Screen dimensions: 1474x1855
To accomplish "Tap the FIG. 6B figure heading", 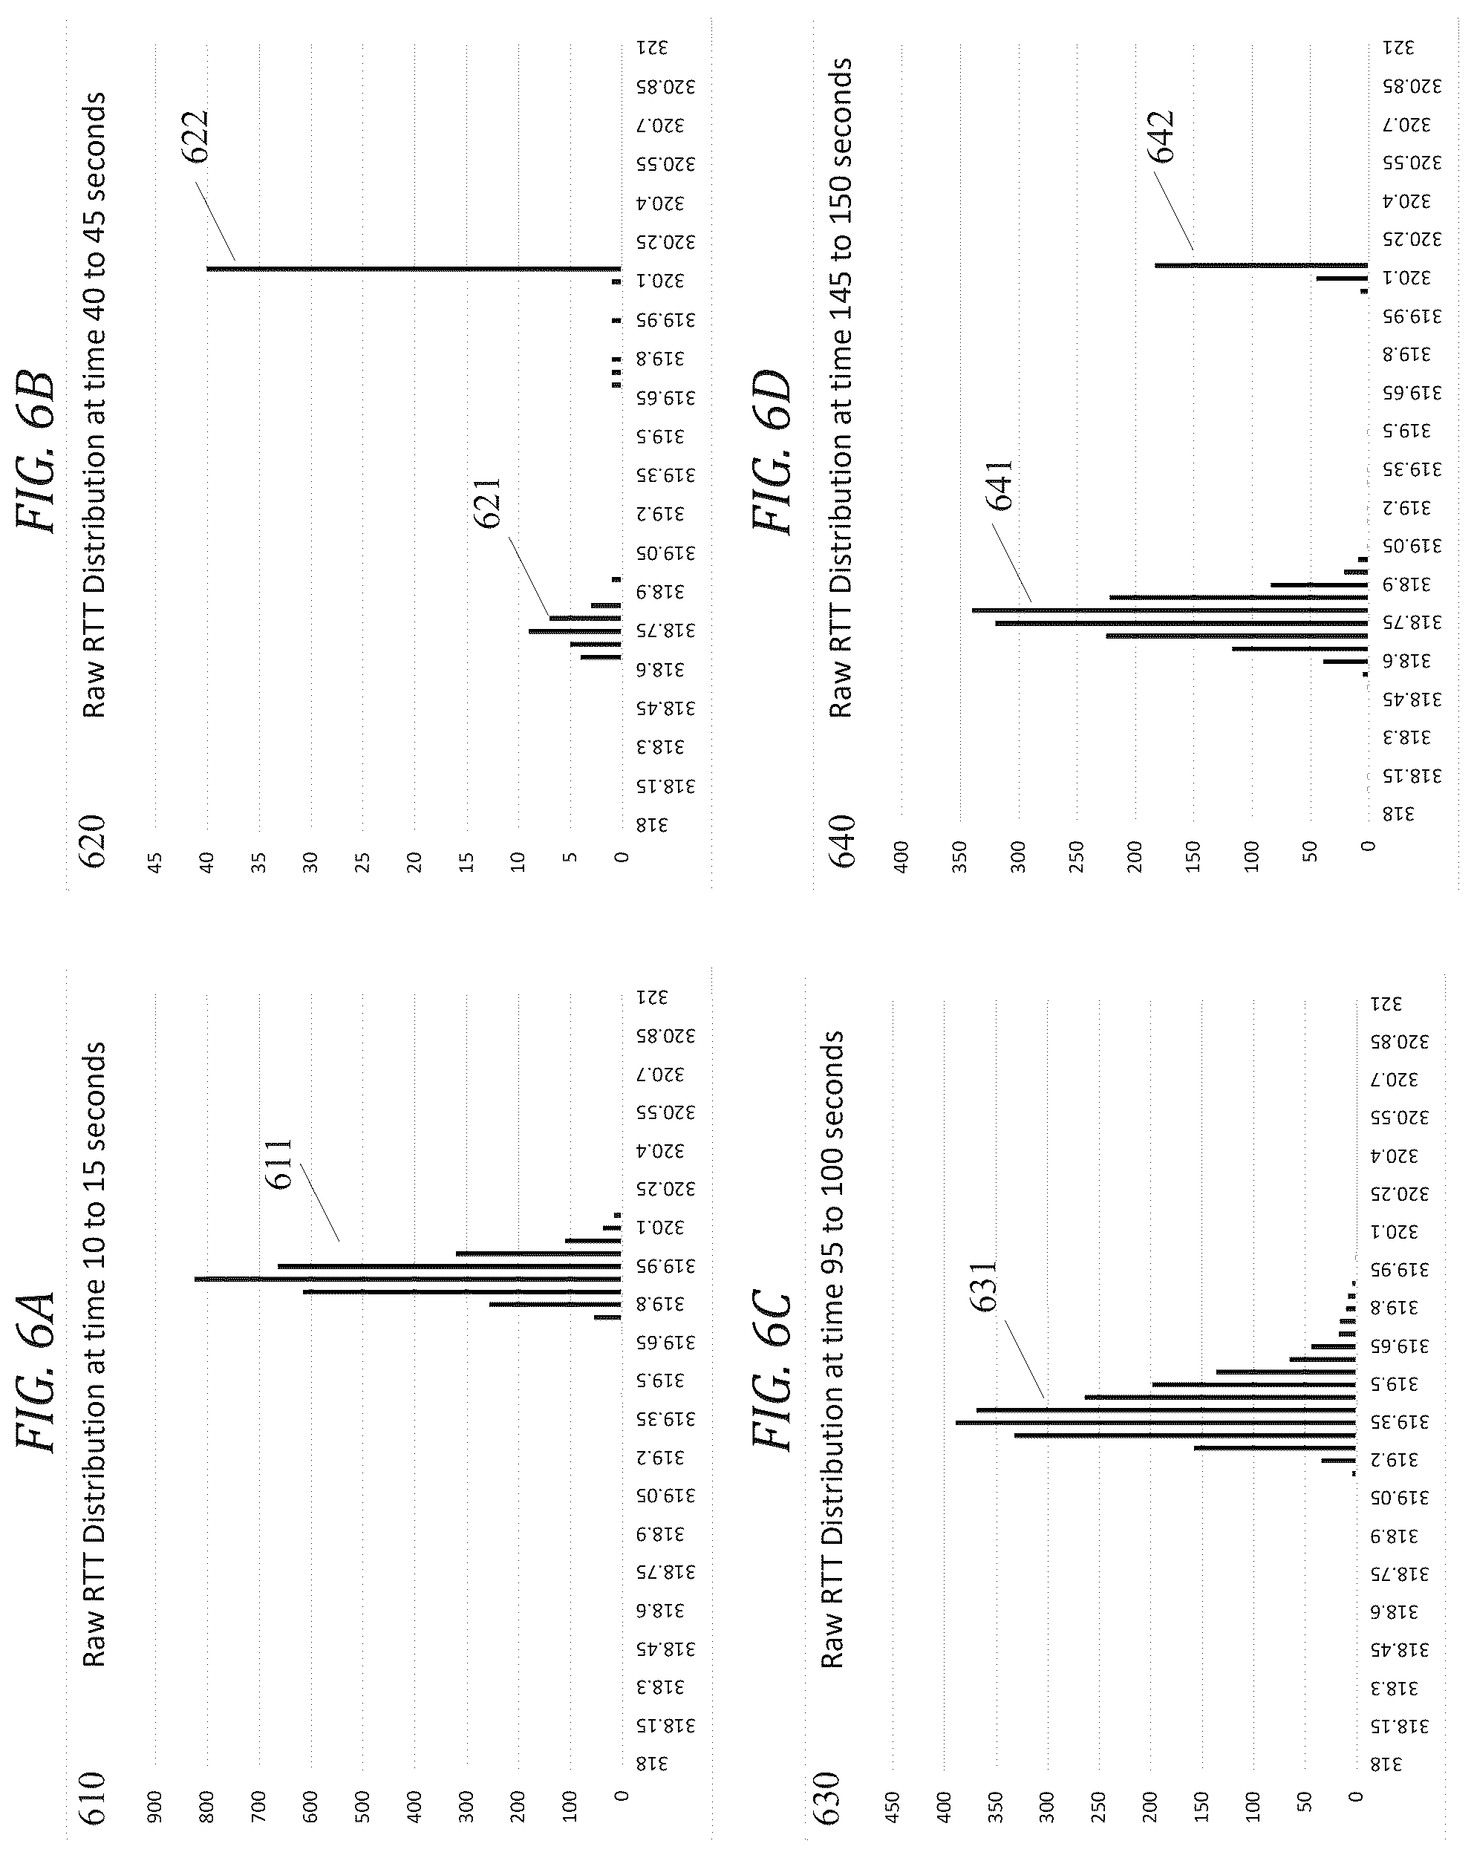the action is tap(36, 451).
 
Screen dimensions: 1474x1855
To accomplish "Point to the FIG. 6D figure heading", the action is tap(770, 451).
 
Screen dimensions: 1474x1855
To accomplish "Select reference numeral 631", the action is tap(982, 1285).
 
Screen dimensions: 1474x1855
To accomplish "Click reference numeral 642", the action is tap(1160, 137).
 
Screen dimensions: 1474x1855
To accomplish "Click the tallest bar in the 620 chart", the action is tap(414, 270).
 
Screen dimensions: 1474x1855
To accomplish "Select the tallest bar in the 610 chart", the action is tap(408, 1279).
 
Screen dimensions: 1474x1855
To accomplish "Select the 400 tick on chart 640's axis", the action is tap(901, 857).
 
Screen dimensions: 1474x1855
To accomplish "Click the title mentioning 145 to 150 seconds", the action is tap(840, 387).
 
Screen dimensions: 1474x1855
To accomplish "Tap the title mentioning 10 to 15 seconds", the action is tap(94, 1355).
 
